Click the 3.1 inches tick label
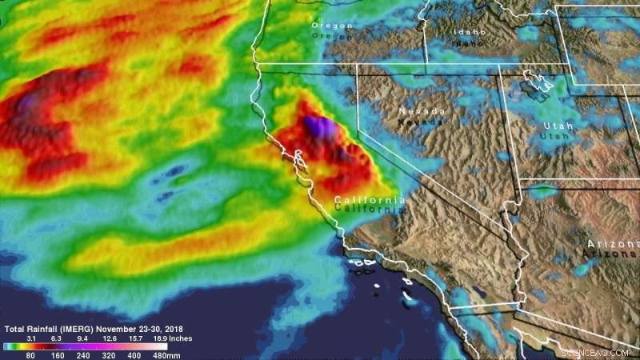34,338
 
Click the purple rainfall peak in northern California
319,126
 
